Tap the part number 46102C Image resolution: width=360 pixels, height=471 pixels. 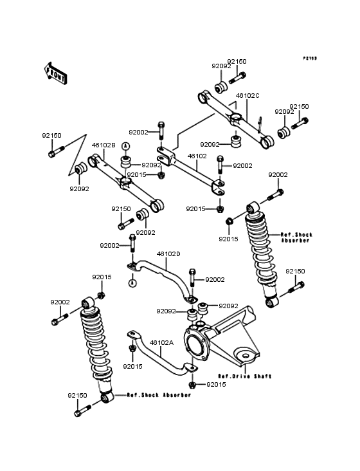(x=247, y=95)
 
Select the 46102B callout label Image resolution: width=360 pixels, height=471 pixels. (x=104, y=145)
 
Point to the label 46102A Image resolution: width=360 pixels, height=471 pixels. (x=161, y=342)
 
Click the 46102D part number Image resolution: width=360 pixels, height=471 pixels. (x=168, y=254)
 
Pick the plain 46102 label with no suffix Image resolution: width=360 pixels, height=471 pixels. (x=197, y=156)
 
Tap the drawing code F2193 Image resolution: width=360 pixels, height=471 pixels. (x=310, y=58)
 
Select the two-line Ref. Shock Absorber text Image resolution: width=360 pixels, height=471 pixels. (x=296, y=237)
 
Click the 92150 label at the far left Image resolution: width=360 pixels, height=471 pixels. (x=51, y=136)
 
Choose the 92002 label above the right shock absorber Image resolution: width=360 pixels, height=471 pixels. (x=278, y=175)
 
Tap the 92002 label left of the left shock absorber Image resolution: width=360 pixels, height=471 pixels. (x=60, y=302)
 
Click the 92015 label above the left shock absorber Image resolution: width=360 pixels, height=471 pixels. (x=102, y=277)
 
